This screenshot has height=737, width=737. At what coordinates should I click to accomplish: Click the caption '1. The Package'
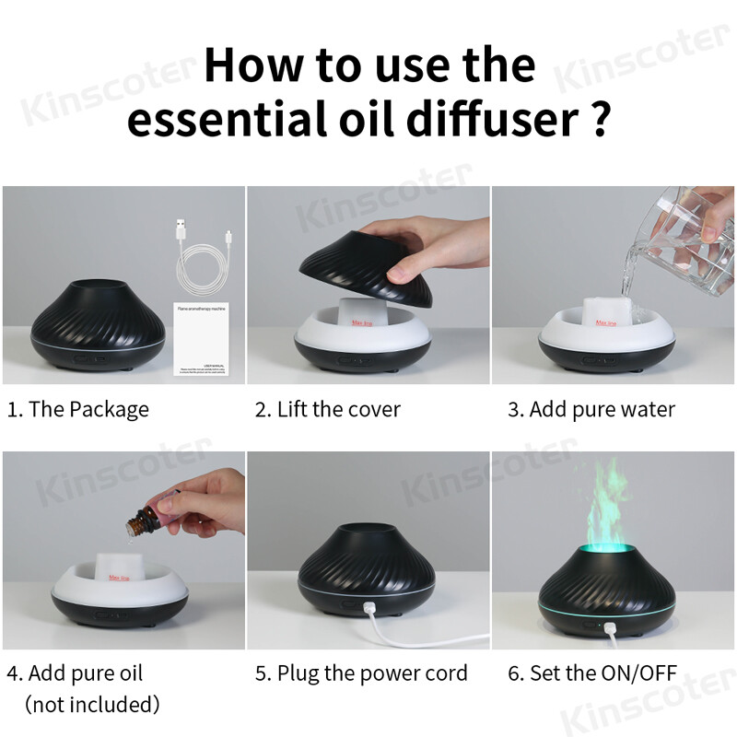pyautogui.click(x=77, y=409)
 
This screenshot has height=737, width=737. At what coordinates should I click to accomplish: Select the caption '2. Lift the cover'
pyautogui.click(x=327, y=409)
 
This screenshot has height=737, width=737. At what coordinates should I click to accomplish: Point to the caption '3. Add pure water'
pyautogui.click(x=591, y=409)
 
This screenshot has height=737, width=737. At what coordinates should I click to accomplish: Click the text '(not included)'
pyautogui.click(x=92, y=705)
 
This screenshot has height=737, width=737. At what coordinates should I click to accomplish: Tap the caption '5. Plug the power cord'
pyautogui.click(x=361, y=673)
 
